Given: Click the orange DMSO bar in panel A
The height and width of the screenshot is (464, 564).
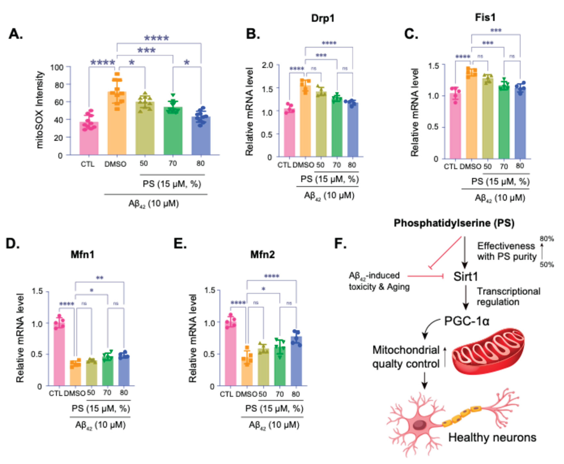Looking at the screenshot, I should [x=117, y=126].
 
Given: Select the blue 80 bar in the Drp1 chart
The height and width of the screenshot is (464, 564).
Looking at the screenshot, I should [x=353, y=131].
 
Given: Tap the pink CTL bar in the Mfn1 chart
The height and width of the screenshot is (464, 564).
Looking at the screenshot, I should [x=59, y=356].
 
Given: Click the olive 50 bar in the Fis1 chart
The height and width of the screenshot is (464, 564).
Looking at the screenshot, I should [x=488, y=120].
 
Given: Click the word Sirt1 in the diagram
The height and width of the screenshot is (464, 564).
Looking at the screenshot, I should [x=466, y=277].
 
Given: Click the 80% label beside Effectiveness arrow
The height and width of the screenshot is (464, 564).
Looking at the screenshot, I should [x=546, y=239].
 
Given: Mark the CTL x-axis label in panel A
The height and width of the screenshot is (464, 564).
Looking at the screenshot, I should [x=88, y=164].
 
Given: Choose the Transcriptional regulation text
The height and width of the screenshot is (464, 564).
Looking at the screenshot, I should [x=508, y=297].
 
